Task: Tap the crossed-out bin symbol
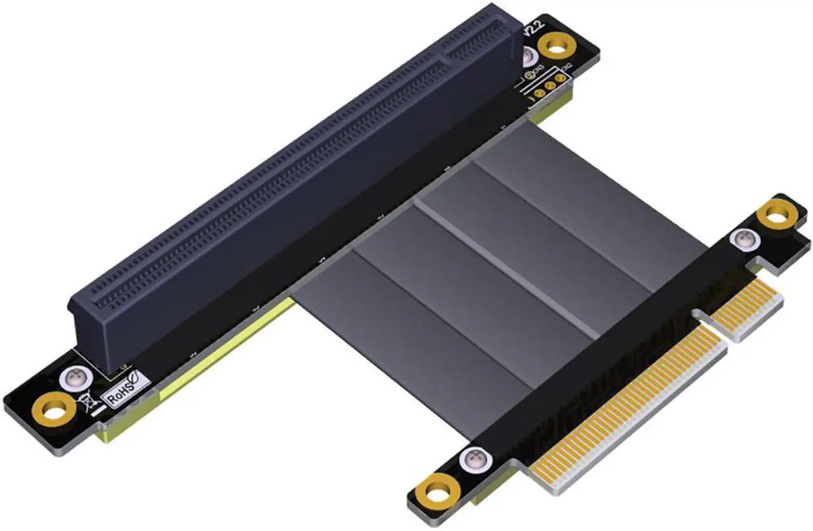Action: click(86, 403)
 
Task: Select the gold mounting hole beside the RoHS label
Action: click(52, 413)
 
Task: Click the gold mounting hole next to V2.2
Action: click(554, 46)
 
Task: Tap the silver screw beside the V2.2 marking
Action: click(530, 58)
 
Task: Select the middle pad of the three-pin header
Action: click(549, 85)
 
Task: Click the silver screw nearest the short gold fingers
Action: click(741, 239)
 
